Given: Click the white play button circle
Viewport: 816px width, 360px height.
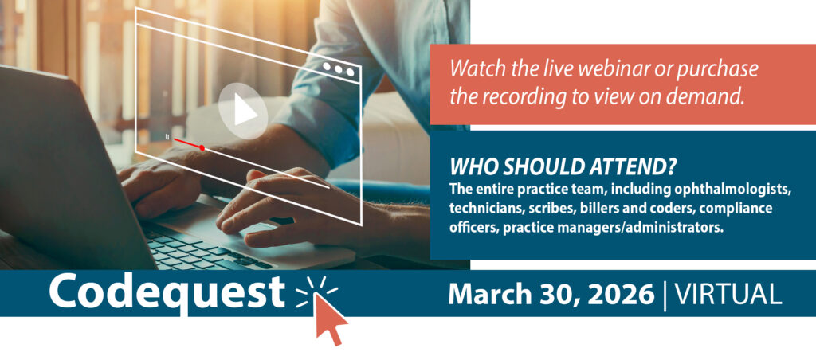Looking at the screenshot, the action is [242, 111].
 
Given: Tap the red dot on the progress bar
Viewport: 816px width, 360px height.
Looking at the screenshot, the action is [202, 148].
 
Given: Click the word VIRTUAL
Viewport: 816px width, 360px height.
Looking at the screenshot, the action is [728, 295].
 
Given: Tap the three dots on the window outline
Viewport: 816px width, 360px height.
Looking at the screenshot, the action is [339, 68].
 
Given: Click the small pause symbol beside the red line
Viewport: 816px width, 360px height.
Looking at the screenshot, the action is [167, 136].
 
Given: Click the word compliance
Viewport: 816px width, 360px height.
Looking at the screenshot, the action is [742, 209].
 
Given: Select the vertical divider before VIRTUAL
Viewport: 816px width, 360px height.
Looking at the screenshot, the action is [665, 295].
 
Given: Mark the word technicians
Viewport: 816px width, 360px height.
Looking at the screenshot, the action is [477, 209].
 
